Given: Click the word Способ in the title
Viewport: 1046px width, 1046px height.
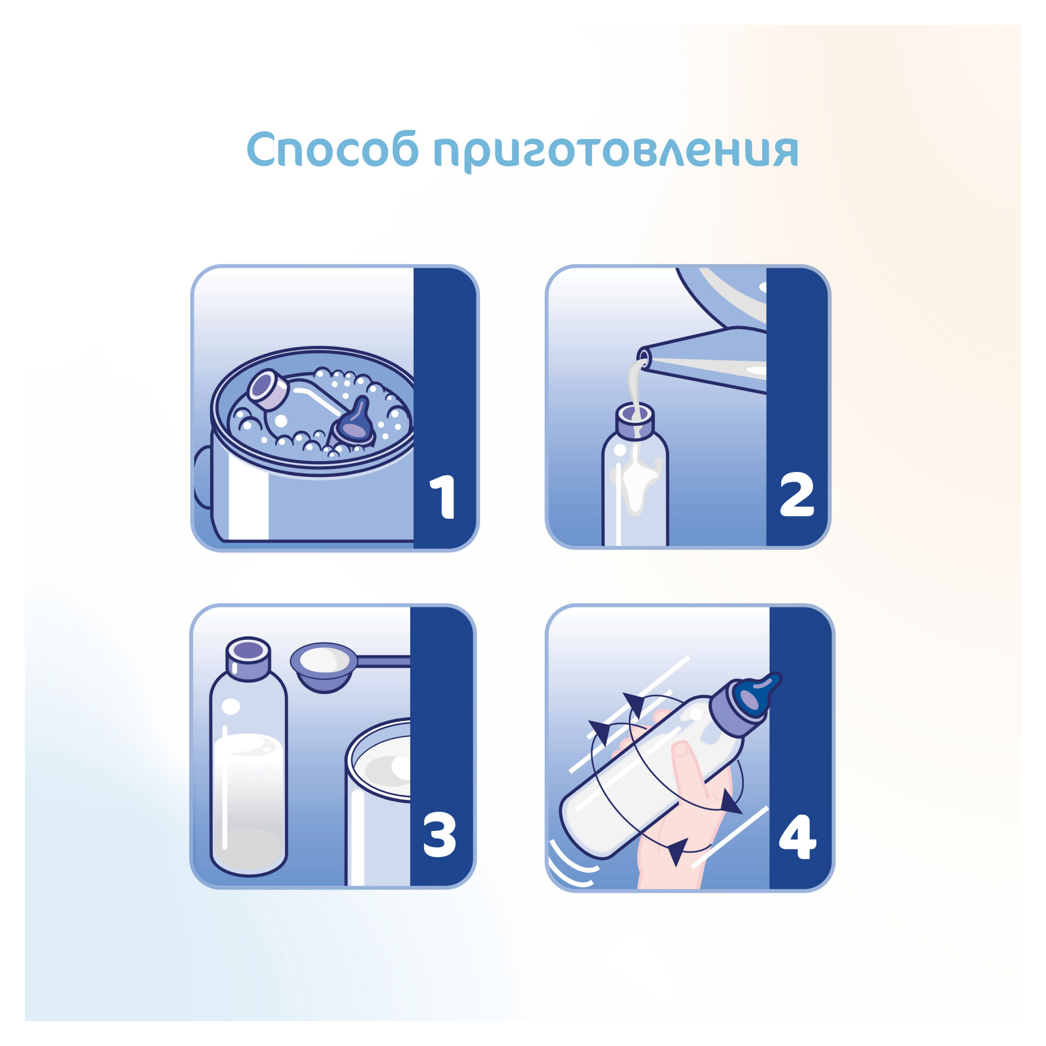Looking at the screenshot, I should [x=333, y=149].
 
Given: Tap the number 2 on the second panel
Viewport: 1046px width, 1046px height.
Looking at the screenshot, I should [x=797, y=495].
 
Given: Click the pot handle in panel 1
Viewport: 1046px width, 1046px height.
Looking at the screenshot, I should [x=202, y=476].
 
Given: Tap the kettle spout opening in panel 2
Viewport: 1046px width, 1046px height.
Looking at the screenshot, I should [x=644, y=356].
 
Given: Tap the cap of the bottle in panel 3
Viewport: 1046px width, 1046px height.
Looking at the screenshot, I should [x=248, y=656].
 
